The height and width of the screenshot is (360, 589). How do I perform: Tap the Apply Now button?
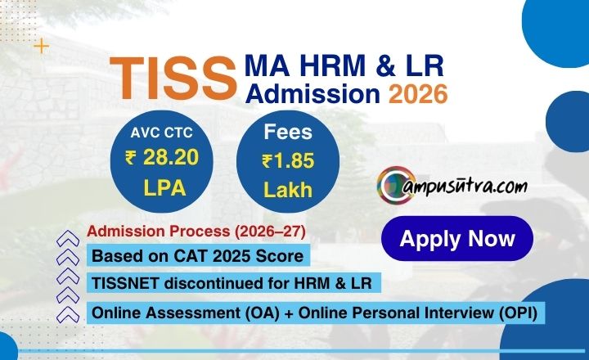[x=457, y=238]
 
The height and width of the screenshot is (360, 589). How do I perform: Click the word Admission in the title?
[x=314, y=95]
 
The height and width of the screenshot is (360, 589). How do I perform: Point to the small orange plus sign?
[x=41, y=46]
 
